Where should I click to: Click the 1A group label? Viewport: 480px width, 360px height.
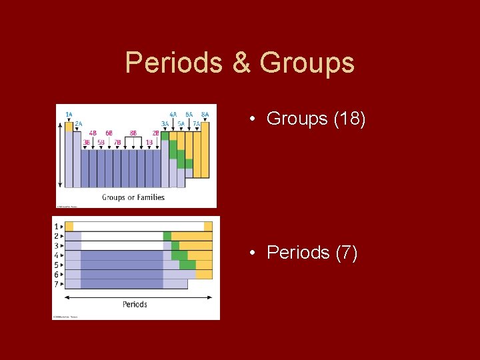click(x=69, y=114)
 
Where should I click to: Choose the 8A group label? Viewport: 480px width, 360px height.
click(x=205, y=114)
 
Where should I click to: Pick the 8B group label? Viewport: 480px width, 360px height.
click(x=133, y=133)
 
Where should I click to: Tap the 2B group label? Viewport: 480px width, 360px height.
click(x=155, y=133)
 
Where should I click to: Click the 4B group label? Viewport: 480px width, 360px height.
click(x=93, y=133)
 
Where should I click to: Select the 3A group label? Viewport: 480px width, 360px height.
click(x=165, y=123)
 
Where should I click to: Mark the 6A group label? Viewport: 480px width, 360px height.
click(x=189, y=114)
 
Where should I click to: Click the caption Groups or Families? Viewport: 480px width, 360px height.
click(x=133, y=197)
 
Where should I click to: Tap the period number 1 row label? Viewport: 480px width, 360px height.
click(x=56, y=227)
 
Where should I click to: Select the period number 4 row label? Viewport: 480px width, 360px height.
click(x=56, y=255)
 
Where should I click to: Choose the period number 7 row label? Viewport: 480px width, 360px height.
click(x=56, y=283)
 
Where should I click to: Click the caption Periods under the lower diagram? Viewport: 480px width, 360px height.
click(x=135, y=304)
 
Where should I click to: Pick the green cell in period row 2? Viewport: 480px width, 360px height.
click(x=167, y=236)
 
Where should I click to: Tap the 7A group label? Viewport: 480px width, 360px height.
click(x=197, y=123)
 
